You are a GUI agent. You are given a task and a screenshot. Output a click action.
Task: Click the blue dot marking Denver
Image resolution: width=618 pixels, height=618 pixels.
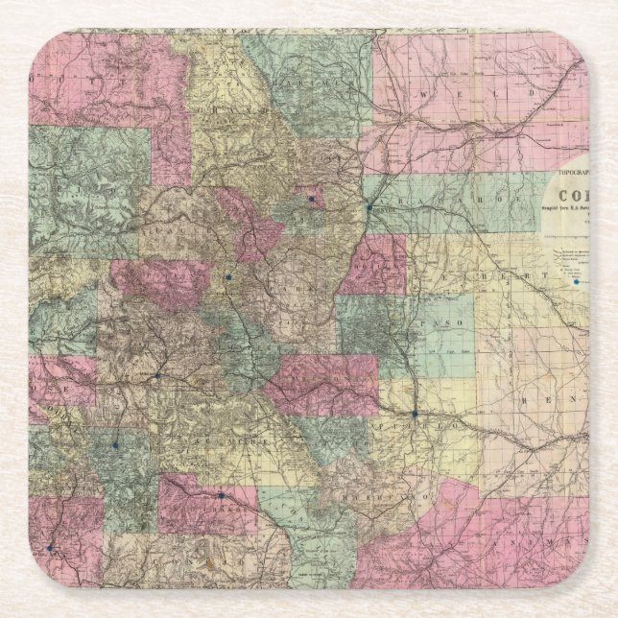(x=368, y=206)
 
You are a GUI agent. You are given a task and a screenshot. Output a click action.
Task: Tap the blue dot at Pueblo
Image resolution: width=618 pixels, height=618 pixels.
(x=415, y=415)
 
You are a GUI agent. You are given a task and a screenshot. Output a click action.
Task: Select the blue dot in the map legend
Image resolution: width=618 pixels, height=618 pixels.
(x=577, y=282)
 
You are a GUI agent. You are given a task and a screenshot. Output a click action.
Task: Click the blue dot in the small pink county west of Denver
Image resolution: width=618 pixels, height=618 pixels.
(x=311, y=199)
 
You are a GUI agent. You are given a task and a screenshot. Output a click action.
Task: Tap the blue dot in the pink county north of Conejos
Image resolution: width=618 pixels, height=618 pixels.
(x=221, y=496)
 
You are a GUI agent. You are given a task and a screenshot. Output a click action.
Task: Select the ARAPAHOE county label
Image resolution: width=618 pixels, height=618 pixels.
(x=437, y=197)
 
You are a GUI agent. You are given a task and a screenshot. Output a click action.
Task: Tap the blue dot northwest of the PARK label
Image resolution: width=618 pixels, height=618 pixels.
(x=227, y=279)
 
